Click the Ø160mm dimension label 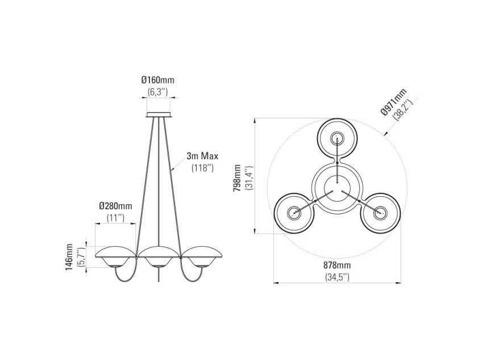[x=158, y=80]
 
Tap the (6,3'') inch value [x=157, y=92]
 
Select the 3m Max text [x=202, y=156]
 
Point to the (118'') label [x=202, y=168]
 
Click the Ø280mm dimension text [x=115, y=206]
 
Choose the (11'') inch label [x=115, y=218]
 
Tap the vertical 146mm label [x=69, y=257]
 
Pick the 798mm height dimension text [x=237, y=178]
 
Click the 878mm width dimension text [x=337, y=265]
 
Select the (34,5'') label [x=338, y=277]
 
